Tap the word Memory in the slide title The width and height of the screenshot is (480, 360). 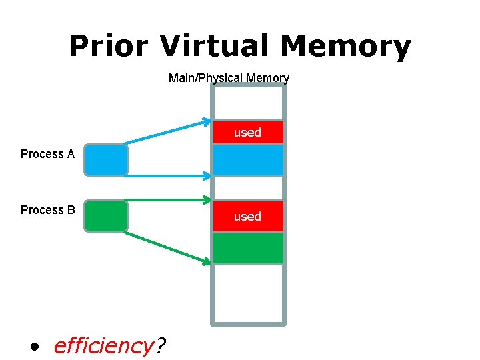345,47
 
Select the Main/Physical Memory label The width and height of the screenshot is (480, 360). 229,78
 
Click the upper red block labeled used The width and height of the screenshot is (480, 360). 248,133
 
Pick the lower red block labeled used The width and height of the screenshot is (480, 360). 248,216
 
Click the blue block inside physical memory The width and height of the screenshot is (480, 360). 248,160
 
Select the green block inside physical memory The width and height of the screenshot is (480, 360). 248,247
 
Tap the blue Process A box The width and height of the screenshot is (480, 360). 106,160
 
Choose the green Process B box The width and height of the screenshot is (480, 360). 106,216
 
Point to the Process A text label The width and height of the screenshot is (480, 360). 47,154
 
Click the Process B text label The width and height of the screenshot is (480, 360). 47,210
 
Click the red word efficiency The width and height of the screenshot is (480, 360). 103,346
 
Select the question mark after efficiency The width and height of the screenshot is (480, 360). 161,346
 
